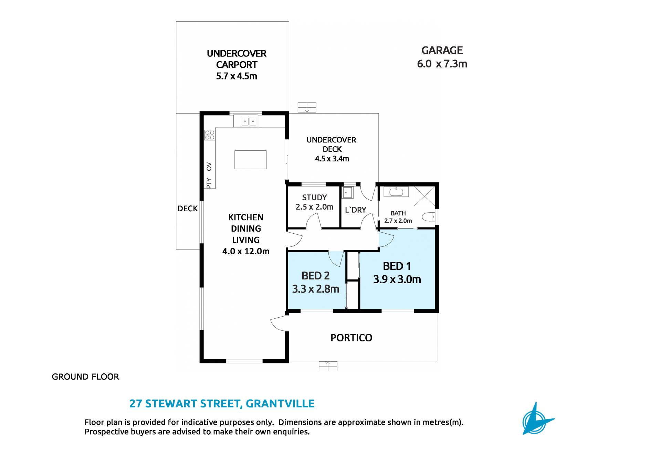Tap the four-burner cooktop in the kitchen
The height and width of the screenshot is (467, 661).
210,135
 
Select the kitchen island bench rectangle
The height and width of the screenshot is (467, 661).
250,160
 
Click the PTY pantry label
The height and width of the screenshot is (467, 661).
209,183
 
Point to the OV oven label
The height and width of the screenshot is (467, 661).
209,167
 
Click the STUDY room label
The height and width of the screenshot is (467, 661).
314,198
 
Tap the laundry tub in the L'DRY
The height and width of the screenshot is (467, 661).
347,193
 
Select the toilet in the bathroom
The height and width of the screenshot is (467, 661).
429,217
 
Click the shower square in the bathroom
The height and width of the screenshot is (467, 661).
424,196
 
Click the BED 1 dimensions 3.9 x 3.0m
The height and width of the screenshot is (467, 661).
397,279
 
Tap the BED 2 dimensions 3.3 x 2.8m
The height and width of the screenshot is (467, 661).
316,289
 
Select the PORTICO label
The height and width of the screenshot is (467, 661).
352,338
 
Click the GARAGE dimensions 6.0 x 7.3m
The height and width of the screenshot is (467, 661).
442,64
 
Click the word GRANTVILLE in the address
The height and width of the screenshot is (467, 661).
280,403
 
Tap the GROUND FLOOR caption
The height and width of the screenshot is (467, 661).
85,377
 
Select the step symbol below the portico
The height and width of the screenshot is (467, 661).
328,366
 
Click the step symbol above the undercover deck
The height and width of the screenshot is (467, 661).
307,107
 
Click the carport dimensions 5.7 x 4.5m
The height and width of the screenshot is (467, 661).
237,76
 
